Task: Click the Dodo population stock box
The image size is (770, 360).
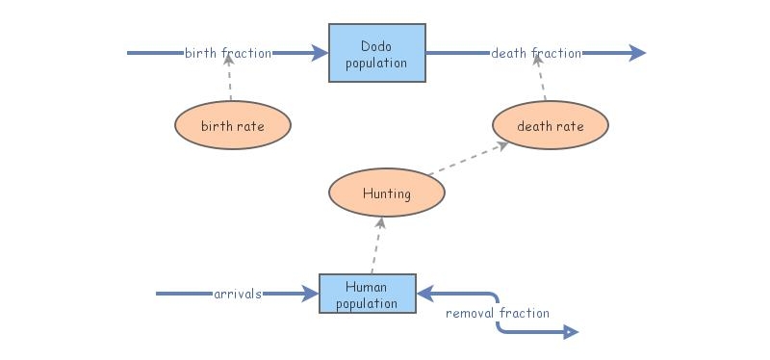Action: tap(377, 54)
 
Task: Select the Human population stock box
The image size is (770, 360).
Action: tap(367, 294)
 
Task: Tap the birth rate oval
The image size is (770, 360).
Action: tap(232, 125)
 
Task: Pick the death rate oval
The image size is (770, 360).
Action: tap(551, 125)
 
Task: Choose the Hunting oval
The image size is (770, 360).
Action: tap(386, 193)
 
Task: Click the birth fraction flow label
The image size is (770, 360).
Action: tap(228, 53)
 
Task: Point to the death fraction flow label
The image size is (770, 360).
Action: tap(536, 53)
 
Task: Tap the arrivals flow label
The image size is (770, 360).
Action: tap(238, 294)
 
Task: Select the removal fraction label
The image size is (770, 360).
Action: tap(498, 313)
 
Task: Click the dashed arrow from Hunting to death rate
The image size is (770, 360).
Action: tap(469, 160)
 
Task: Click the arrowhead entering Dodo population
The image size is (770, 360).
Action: tap(321, 53)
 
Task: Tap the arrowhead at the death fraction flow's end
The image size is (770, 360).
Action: tap(637, 53)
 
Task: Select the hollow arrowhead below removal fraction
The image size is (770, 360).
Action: tap(570, 333)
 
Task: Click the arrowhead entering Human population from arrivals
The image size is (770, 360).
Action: tap(311, 294)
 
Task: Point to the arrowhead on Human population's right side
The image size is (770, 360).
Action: tap(424, 294)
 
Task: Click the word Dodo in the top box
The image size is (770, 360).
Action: tap(376, 45)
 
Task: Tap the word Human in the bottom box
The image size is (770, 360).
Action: tap(367, 286)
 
